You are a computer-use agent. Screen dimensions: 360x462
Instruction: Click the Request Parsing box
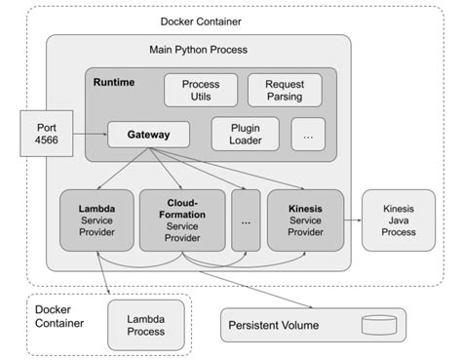(x=284, y=91)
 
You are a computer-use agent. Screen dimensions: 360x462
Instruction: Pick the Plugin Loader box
(x=245, y=134)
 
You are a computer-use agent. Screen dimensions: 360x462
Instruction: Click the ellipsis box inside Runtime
(x=308, y=135)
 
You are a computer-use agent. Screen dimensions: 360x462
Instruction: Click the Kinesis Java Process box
(x=400, y=219)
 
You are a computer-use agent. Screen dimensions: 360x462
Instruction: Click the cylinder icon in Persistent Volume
(x=378, y=324)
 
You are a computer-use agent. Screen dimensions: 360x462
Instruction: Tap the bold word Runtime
(x=114, y=81)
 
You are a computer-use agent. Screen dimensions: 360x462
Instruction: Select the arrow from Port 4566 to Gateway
(x=90, y=135)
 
